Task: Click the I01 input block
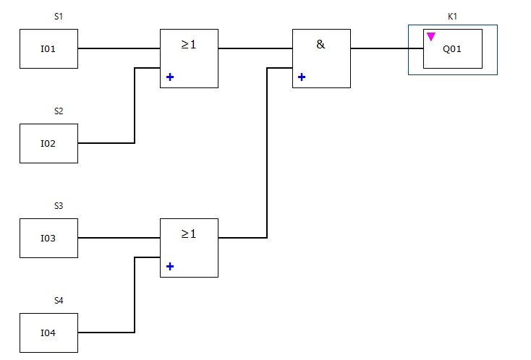(48, 49)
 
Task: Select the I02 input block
(48, 143)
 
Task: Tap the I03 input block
(48, 238)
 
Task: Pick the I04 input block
(48, 333)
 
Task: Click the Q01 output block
(453, 49)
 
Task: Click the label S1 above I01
(59, 16)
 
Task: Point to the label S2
(59, 111)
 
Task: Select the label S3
(59, 205)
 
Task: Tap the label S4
(59, 300)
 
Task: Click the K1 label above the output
(453, 16)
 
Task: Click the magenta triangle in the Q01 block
(430, 36)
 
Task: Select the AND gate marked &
(321, 58)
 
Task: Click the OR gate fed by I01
(189, 58)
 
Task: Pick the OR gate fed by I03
(189, 247)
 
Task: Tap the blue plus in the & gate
(302, 77)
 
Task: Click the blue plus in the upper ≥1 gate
(170, 77)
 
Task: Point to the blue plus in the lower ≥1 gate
(170, 266)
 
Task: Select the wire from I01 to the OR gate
(119, 49)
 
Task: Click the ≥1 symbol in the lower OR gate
(189, 234)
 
